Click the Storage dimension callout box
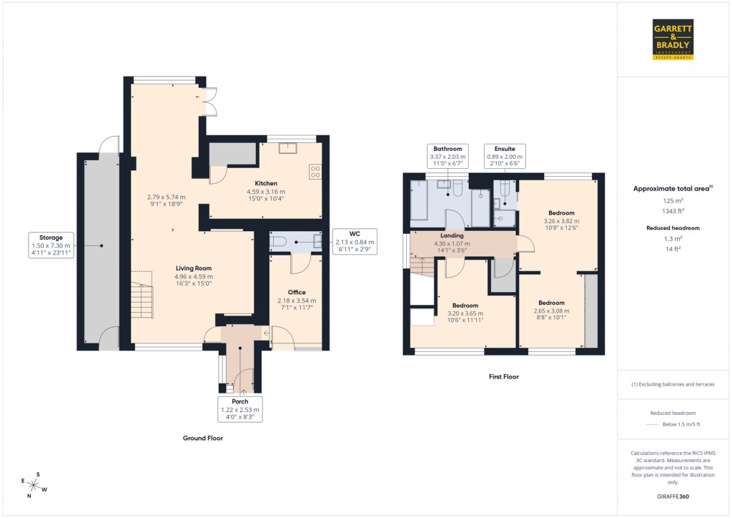pyautogui.click(x=51, y=245)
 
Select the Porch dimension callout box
pyautogui.click(x=239, y=409)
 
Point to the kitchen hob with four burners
pyautogui.click(x=315, y=171)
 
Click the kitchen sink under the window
pyautogui.click(x=290, y=149)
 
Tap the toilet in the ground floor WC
pyautogui.click(x=280, y=242)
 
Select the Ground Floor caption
pyautogui.click(x=204, y=438)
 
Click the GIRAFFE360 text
pyautogui.click(x=673, y=496)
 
